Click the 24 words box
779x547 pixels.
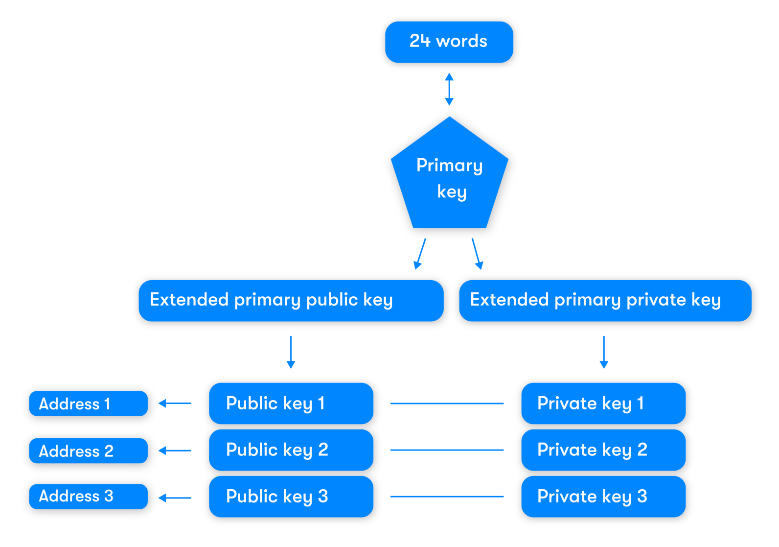pyautogui.click(x=449, y=42)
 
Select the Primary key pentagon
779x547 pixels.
pyautogui.click(x=449, y=179)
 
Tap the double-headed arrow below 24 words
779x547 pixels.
pyautogui.click(x=449, y=89)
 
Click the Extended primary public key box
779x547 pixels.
pyautogui.click(x=291, y=300)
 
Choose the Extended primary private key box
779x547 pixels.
pyautogui.click(x=605, y=300)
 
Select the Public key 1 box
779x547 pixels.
pyautogui.click(x=291, y=403)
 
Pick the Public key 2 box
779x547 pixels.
pyautogui.click(x=291, y=450)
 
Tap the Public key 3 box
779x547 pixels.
pyautogui.click(x=291, y=496)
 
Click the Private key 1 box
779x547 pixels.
pyautogui.click(x=603, y=403)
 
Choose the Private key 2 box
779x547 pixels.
pyautogui.click(x=603, y=450)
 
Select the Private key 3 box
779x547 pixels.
pyautogui.click(x=603, y=496)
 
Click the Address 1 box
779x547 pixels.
pyautogui.click(x=88, y=404)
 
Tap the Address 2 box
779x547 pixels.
pyautogui.click(x=88, y=451)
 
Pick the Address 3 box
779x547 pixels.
pyautogui.click(x=88, y=496)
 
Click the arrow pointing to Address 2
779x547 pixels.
pyautogui.click(x=175, y=451)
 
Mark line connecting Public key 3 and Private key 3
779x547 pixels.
pyautogui.click(x=446, y=497)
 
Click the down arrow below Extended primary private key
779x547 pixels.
pyautogui.click(x=604, y=352)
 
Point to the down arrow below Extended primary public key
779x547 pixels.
pyautogui.click(x=291, y=352)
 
